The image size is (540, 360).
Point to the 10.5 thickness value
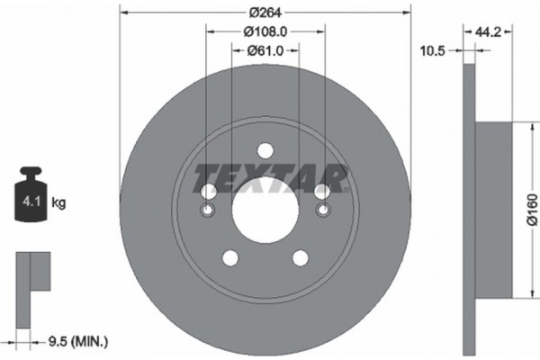point(434,51)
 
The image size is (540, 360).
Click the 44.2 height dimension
point(488,31)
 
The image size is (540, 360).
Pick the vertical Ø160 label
point(532,206)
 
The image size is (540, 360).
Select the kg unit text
point(58,203)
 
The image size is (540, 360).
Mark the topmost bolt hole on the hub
point(265,151)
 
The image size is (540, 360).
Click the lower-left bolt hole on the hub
point(229,258)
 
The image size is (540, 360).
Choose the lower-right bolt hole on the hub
point(300,258)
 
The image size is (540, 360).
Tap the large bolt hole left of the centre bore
point(208,192)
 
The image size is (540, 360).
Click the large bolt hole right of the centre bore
point(321,192)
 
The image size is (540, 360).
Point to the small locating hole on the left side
point(207,211)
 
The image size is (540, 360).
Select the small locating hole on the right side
point(322,211)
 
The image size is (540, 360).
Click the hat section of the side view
point(493,206)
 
